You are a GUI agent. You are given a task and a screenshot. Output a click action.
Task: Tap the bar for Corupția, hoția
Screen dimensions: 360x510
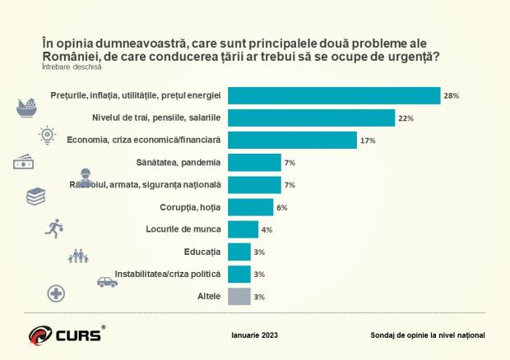tap(251, 207)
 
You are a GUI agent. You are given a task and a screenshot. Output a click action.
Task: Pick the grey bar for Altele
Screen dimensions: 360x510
tap(239, 296)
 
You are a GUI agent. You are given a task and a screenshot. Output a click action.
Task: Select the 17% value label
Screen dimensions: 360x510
tap(368, 141)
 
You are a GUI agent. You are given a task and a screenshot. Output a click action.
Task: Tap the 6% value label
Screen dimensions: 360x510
tap(282, 207)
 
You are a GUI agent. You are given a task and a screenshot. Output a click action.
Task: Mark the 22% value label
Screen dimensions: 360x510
tap(406, 118)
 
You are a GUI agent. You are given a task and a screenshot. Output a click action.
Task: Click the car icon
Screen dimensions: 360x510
tap(107, 282)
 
